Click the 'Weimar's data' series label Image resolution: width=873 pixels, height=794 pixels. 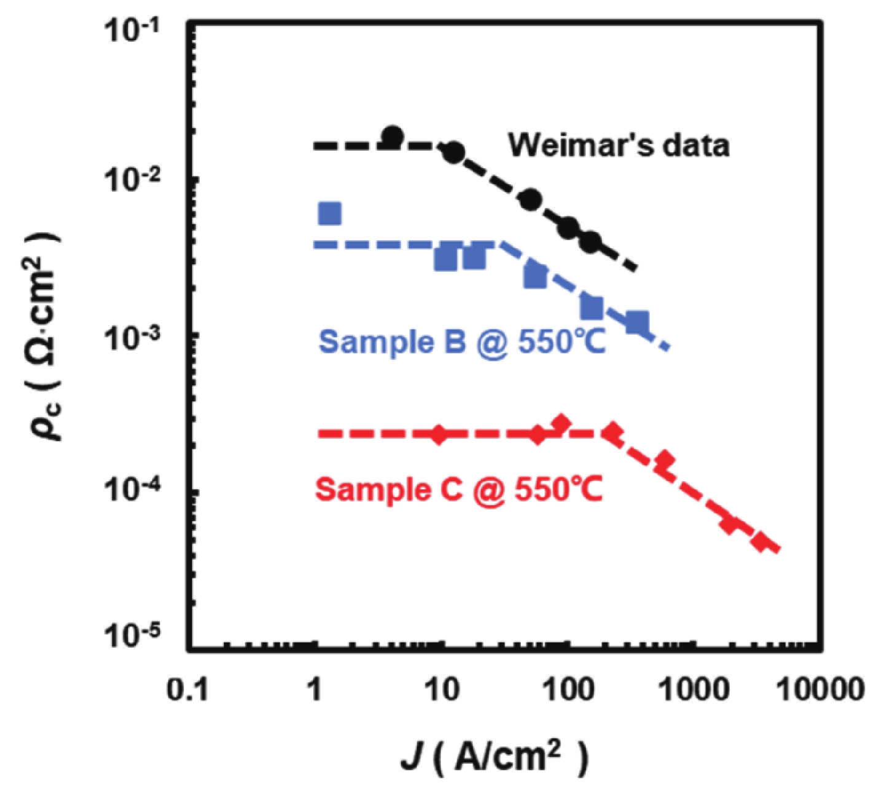pyautogui.click(x=619, y=146)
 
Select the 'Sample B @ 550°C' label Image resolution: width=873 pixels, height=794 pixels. pyautogui.click(x=462, y=341)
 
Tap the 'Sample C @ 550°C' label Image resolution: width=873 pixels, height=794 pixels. pyautogui.click(x=458, y=490)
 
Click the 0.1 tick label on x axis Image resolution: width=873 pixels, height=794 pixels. pyautogui.click(x=187, y=690)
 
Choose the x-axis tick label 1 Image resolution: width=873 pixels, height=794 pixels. pyautogui.click(x=314, y=690)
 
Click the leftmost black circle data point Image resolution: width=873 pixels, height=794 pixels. pyautogui.click(x=393, y=137)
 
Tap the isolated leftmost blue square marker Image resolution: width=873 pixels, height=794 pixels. pyautogui.click(x=330, y=213)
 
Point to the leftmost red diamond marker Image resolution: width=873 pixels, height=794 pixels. pyautogui.click(x=439, y=434)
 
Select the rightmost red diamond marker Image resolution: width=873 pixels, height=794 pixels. pyautogui.click(x=762, y=542)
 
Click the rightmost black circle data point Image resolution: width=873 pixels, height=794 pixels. pyautogui.click(x=590, y=242)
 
